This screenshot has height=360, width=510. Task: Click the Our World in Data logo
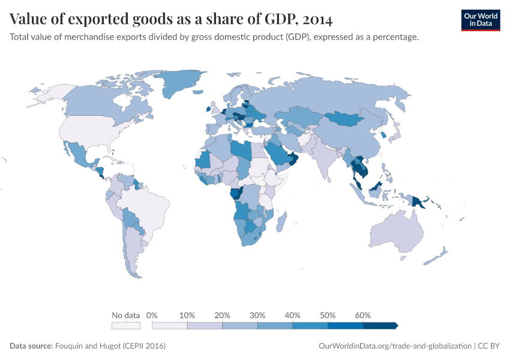pyautogui.click(x=480, y=20)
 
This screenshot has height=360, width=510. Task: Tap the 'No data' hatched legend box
pyautogui.click(x=126, y=326)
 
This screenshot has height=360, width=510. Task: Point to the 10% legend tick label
pyautogui.click(x=187, y=316)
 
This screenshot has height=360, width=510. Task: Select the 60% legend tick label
pyautogui.click(x=363, y=316)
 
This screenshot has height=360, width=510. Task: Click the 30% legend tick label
pyautogui.click(x=257, y=316)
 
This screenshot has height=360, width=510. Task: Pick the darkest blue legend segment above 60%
pyautogui.click(x=380, y=326)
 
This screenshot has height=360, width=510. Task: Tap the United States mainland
pyautogui.click(x=90, y=129)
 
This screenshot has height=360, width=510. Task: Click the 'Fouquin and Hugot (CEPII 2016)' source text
pyautogui.click(x=110, y=346)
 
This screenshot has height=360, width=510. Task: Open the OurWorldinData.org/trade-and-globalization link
pyautogui.click(x=396, y=346)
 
